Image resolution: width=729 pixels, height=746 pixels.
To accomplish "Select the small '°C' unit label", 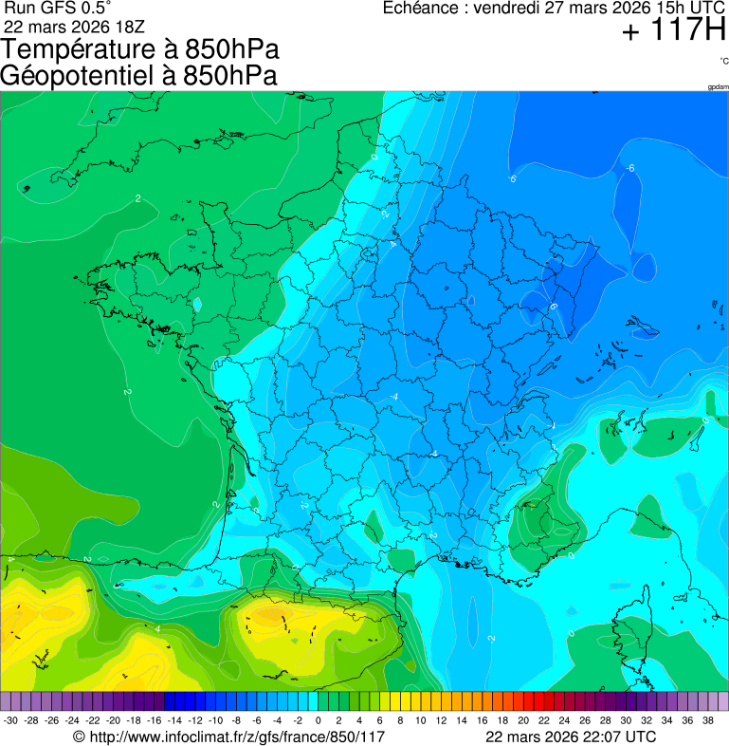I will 723,61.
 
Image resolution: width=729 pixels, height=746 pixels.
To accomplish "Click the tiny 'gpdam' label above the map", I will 718,87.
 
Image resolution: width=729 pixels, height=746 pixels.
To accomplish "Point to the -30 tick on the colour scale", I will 11,720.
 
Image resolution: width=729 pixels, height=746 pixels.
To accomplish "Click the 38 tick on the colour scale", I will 707,720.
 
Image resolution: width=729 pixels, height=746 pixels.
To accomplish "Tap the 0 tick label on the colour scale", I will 318,720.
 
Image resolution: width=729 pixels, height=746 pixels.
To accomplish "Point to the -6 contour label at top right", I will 629,169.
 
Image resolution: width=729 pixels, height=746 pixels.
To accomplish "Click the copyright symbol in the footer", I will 80,737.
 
